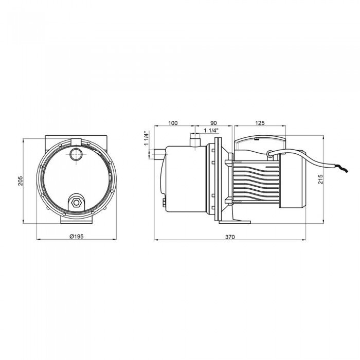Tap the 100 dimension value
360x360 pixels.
[x=173, y=123]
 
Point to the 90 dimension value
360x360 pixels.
[x=213, y=123]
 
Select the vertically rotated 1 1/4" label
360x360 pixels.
[x=147, y=139]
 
